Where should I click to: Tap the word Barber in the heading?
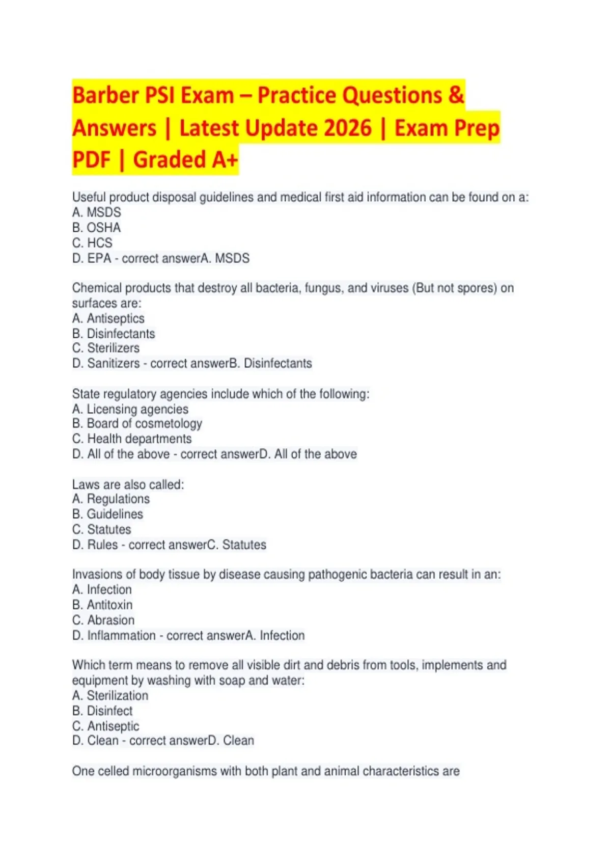105,95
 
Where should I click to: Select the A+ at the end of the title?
225,159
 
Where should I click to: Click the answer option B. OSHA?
97,228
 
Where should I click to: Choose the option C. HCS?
92,243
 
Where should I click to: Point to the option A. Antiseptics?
108,318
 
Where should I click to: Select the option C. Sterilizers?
106,348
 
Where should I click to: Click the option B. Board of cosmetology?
137,424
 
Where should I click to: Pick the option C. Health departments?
132,439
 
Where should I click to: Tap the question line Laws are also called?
128,484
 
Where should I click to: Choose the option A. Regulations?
111,499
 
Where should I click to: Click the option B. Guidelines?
107,514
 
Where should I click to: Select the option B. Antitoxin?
102,605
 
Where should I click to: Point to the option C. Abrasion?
103,620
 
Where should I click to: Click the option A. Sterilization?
110,695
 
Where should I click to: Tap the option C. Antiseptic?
106,726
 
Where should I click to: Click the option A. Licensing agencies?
130,409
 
